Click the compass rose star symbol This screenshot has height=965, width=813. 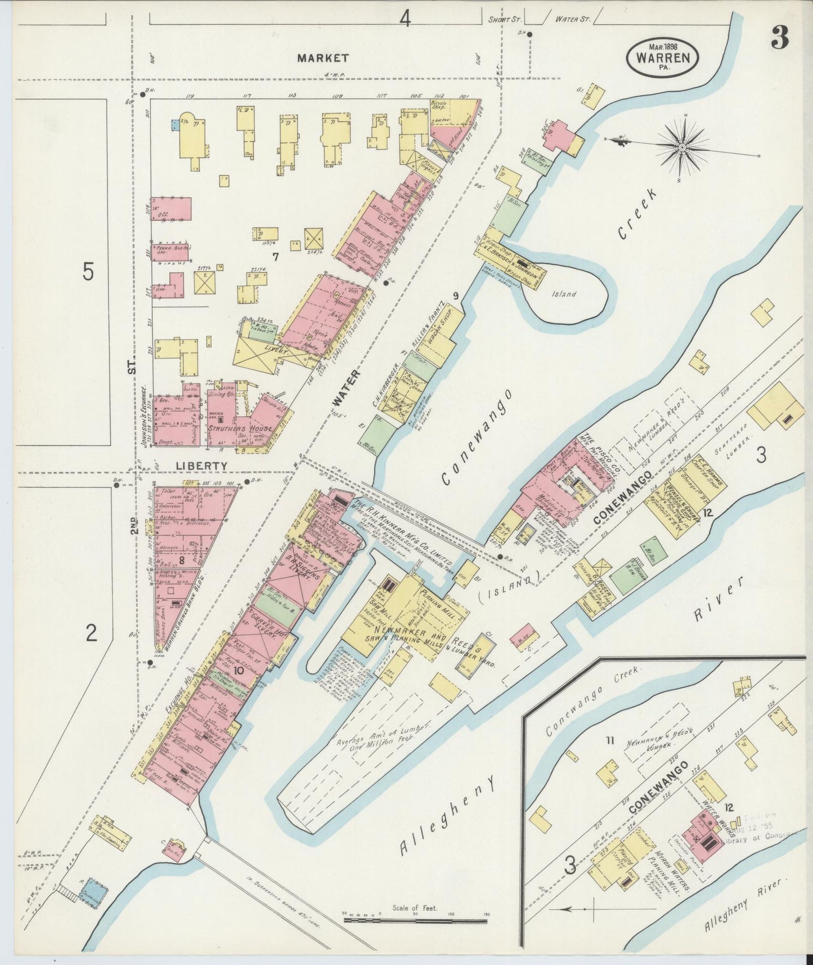681,149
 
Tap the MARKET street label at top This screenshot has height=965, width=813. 323,58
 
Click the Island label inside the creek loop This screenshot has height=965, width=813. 564,294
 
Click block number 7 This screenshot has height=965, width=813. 276,257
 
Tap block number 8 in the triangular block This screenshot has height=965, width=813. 182,560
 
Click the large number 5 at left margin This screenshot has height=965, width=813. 88,272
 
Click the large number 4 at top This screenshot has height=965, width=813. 405,20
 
